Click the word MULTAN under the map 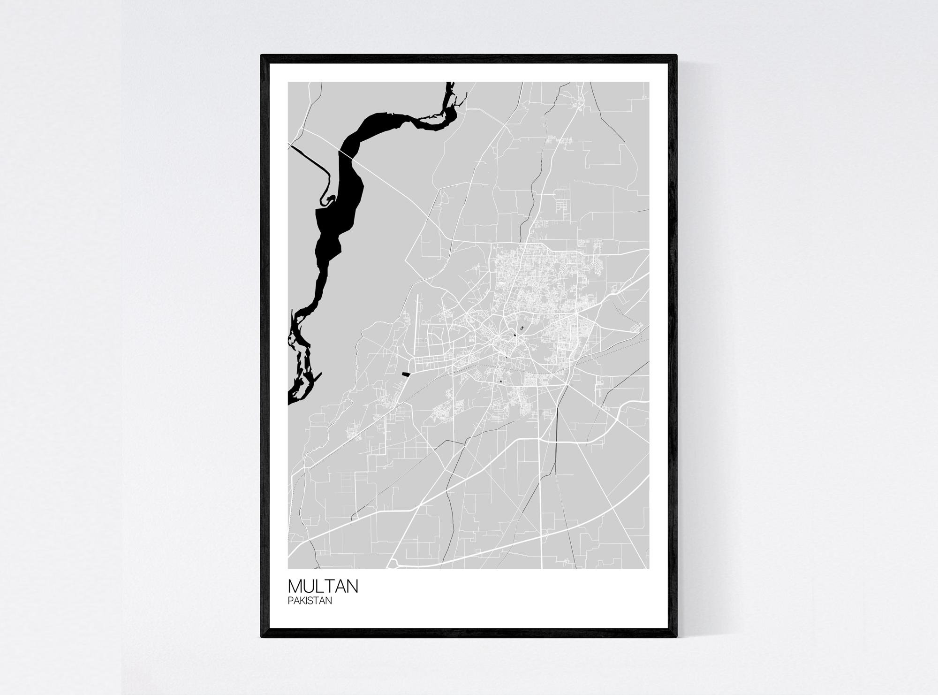tap(323, 587)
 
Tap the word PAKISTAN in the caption tap(310, 601)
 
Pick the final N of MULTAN tap(352, 587)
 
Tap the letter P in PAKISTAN tap(291, 601)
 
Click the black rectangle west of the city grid tap(406, 374)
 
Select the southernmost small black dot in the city tap(501, 381)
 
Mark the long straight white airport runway tap(416, 312)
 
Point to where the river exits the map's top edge tap(449, 83)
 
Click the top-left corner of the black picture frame tap(262, 55)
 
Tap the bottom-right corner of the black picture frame tap(676, 637)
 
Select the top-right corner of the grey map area tap(649, 83)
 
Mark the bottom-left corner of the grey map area tap(289, 568)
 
